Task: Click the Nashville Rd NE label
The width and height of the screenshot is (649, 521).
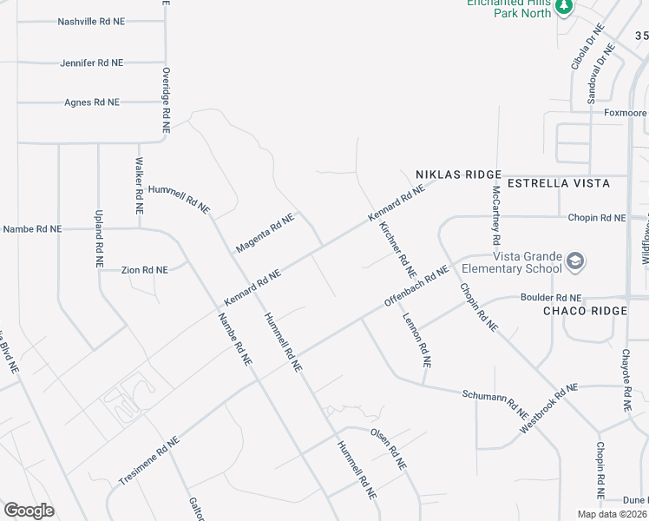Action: (x=92, y=22)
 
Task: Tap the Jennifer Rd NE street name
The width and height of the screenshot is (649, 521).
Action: (x=92, y=63)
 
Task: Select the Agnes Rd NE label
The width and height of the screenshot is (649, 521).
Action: (x=92, y=102)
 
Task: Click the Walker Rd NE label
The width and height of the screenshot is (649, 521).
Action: (x=138, y=186)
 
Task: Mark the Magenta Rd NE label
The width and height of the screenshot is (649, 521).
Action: (x=265, y=234)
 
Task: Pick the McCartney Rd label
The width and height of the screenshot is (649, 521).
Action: (x=496, y=214)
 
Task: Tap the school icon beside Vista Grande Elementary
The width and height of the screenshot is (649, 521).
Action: (x=574, y=261)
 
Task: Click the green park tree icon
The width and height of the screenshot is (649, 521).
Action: (x=564, y=7)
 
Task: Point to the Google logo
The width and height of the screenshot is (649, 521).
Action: (x=29, y=511)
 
